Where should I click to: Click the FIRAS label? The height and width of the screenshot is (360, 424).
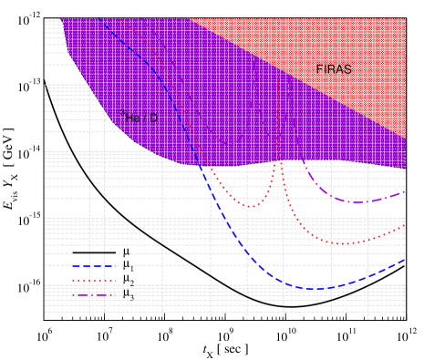[x=334, y=69]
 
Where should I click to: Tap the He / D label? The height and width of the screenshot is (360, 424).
[x=139, y=117]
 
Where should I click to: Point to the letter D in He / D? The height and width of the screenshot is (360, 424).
[x=153, y=118]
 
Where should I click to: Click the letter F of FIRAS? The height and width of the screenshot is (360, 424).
[x=320, y=69]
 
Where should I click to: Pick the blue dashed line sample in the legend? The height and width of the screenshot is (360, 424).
[x=94, y=265]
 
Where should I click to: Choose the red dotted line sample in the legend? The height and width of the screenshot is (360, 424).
[x=94, y=280]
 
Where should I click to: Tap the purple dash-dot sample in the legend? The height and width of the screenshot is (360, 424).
[x=94, y=294]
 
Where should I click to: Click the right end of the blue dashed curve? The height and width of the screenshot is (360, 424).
[x=405, y=261]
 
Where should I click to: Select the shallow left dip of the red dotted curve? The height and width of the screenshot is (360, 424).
[x=250, y=206]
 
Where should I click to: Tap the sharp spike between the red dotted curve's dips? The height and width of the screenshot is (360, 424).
[x=282, y=164]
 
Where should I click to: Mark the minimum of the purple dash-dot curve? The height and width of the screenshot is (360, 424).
[x=356, y=201]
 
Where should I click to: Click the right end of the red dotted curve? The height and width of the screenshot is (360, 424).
[x=405, y=226]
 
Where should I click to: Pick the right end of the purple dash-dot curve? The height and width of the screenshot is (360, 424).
[x=405, y=191]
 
